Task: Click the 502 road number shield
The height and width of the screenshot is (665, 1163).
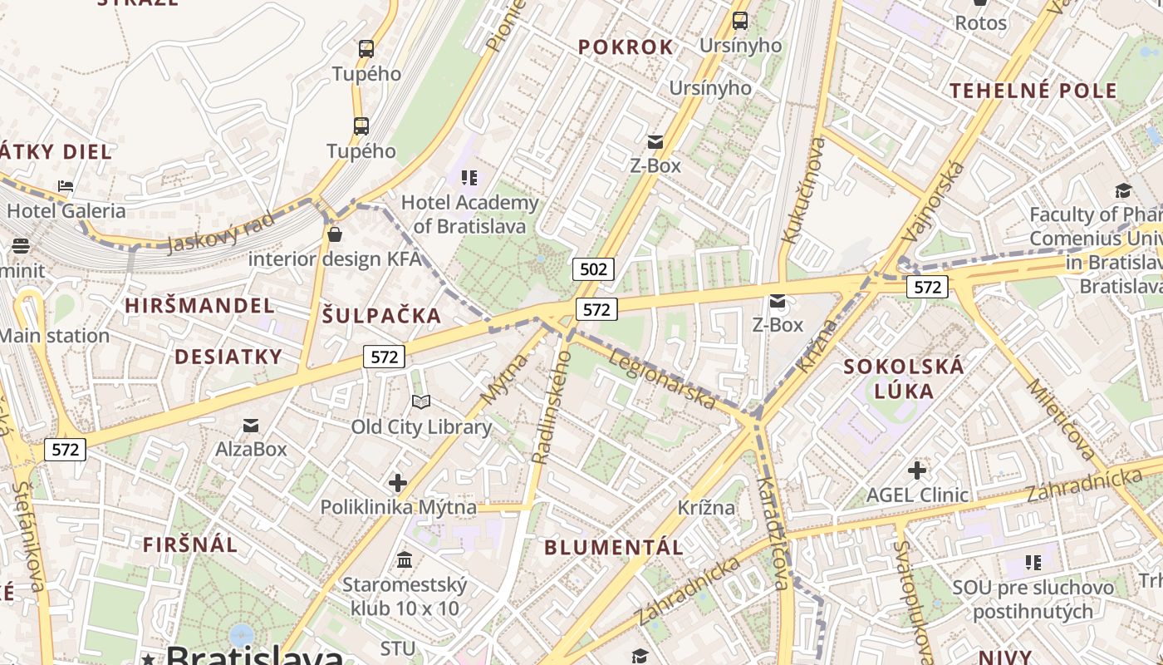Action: [x=593, y=269]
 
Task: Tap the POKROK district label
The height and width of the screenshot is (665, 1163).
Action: [x=626, y=47]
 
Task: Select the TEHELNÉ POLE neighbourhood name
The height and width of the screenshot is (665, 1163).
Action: [x=1033, y=91]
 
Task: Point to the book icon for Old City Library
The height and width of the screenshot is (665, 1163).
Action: [x=421, y=402]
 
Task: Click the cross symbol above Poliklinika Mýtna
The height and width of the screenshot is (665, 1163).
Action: [x=398, y=482]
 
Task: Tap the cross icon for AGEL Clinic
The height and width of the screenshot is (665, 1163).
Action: [x=917, y=470]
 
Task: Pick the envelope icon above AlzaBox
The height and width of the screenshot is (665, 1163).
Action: [x=250, y=426]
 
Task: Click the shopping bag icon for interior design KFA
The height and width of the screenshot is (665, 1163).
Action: [x=335, y=234]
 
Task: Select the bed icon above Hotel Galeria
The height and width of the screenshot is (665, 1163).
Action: [x=66, y=186]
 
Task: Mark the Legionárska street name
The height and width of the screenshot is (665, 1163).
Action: [x=662, y=379]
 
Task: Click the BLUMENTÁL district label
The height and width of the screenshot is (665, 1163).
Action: [x=614, y=547]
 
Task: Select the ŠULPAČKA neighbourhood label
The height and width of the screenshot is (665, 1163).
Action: [x=381, y=316]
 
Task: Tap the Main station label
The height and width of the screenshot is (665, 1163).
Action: [x=55, y=336]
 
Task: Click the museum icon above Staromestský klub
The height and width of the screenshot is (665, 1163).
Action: [x=405, y=559]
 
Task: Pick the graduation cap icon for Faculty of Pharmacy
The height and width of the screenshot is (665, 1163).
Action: [x=1123, y=190]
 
